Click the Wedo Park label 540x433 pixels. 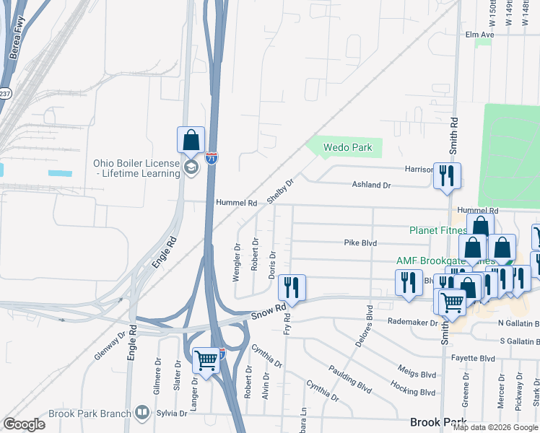pyautogui.click(x=347, y=147)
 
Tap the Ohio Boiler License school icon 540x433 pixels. pyautogui.click(x=191, y=168)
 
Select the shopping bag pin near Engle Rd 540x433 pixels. pyautogui.click(x=191, y=140)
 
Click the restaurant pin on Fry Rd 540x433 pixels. pyautogui.click(x=292, y=287)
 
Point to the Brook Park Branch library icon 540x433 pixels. pyautogui.click(x=143, y=414)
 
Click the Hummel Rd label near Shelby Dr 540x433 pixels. pyautogui.click(x=232, y=204)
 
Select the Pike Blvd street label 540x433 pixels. pyautogui.click(x=360, y=243)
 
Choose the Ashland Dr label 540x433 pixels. pyautogui.click(x=371, y=185)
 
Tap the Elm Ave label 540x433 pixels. pyautogui.click(x=479, y=35)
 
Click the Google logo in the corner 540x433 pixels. pyautogui.click(x=24, y=424)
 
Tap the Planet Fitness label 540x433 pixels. pyautogui.click(x=438, y=230)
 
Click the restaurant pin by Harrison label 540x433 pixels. pyautogui.click(x=447, y=175)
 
